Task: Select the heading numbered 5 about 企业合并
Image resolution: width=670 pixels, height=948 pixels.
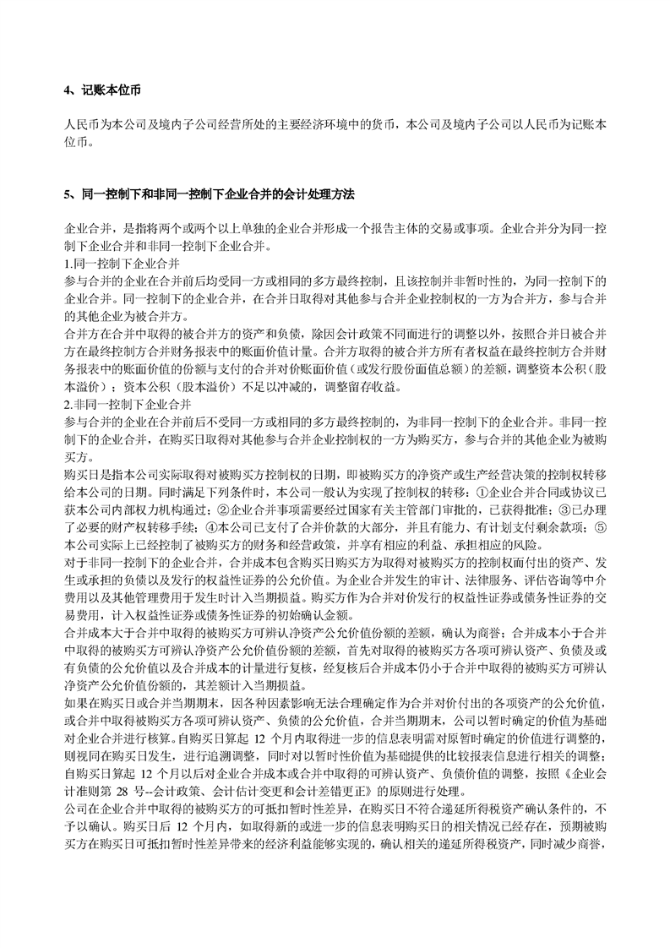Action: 208,194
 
